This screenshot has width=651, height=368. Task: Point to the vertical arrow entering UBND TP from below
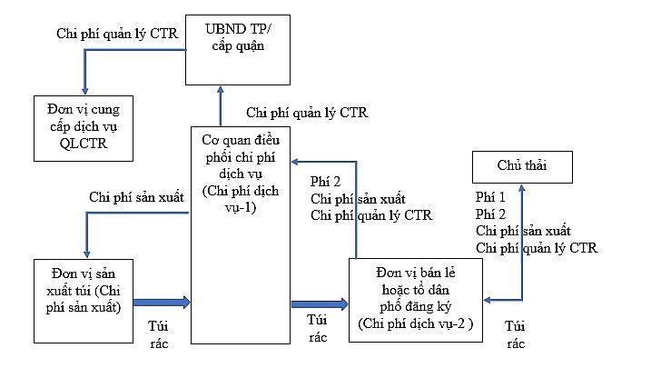[220, 105]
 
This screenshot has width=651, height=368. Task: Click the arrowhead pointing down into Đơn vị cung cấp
[84, 89]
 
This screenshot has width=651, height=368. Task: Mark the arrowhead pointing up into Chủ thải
[522, 188]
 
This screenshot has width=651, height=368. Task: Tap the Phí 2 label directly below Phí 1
[491, 214]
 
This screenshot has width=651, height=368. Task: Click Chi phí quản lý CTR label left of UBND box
[115, 35]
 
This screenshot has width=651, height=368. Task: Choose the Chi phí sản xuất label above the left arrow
[137, 196]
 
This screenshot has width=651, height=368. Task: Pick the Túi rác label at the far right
[516, 334]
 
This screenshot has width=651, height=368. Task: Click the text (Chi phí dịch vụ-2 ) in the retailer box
[417, 323]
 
